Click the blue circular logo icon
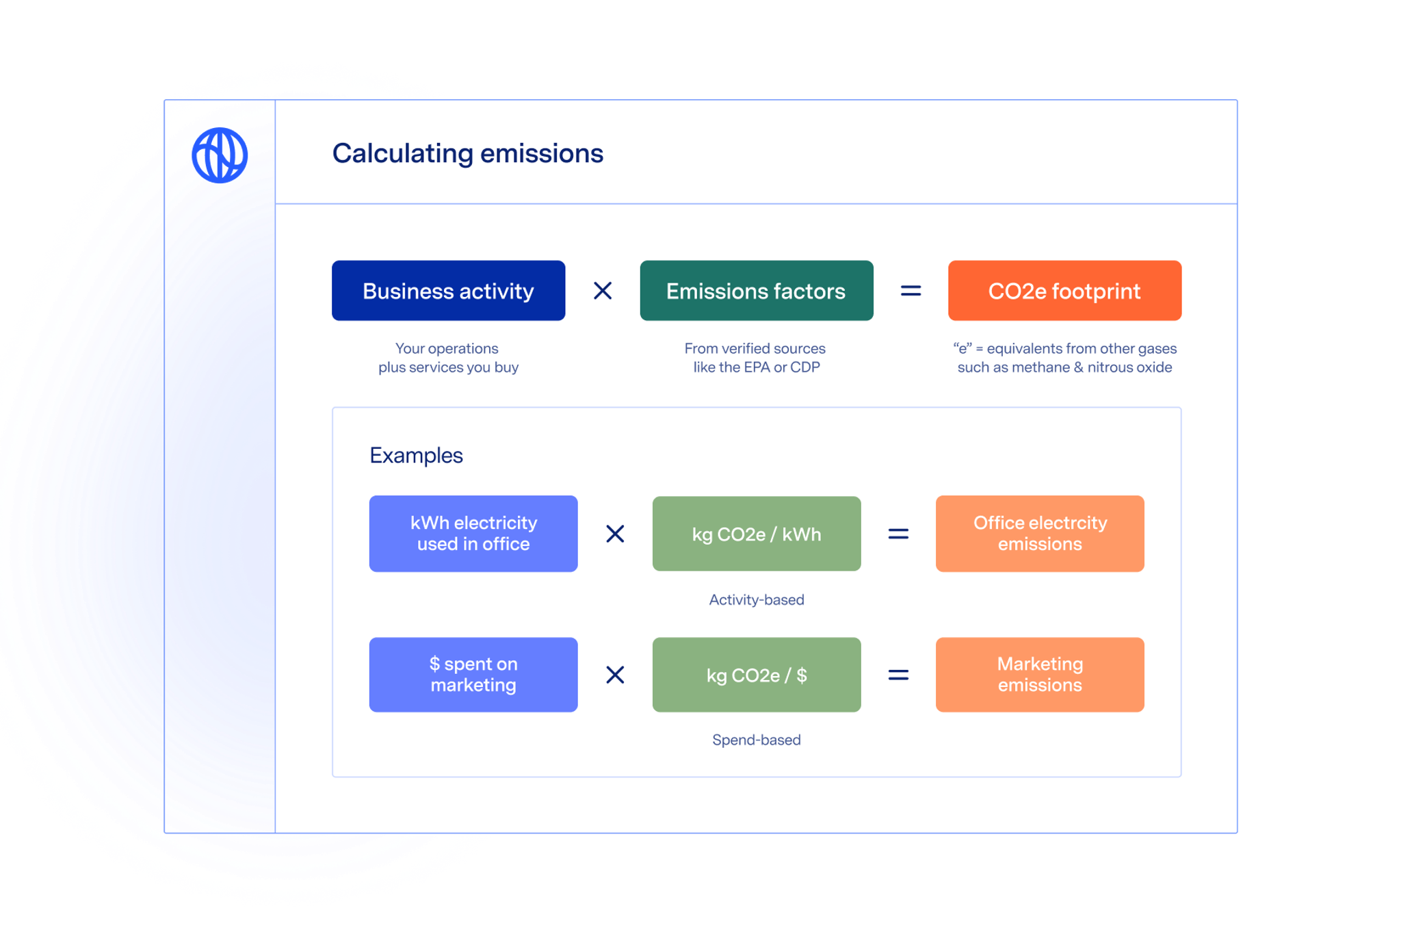click(x=220, y=155)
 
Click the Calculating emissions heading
click(x=467, y=153)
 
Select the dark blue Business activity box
click(x=448, y=291)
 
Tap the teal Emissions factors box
click(x=756, y=291)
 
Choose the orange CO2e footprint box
click(x=1064, y=291)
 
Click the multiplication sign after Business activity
click(x=603, y=291)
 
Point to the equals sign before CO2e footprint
click(x=911, y=291)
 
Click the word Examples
click(x=416, y=456)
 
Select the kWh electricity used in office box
click(x=473, y=534)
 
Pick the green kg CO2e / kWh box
click(x=756, y=534)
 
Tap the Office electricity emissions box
click(x=1039, y=534)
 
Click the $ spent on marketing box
click(x=473, y=675)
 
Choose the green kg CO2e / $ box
click(x=756, y=675)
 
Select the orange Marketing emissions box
click(x=1039, y=675)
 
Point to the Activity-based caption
click(x=756, y=600)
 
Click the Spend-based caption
click(x=756, y=740)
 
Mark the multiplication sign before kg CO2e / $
click(x=615, y=675)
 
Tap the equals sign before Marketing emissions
click(x=898, y=675)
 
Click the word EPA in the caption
click(x=757, y=367)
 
